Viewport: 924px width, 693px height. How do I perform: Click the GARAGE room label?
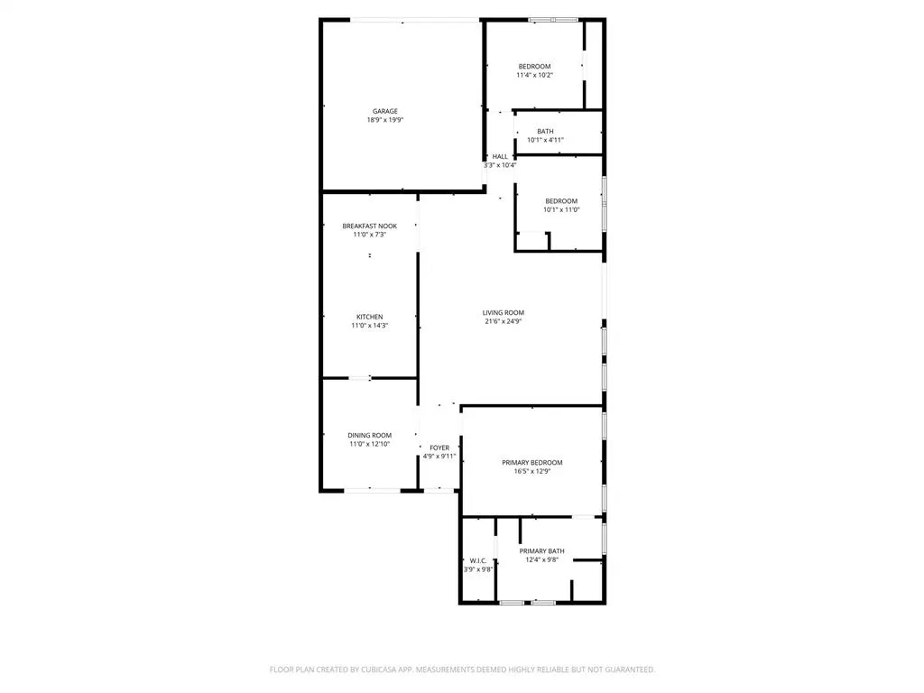tap(385, 111)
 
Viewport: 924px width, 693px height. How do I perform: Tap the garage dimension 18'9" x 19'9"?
tap(385, 120)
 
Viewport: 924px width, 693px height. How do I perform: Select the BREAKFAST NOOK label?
tap(369, 226)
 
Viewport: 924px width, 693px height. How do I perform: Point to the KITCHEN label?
tap(369, 317)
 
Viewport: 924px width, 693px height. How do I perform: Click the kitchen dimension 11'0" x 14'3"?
tap(369, 326)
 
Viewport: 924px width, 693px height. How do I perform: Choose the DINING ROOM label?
tap(370, 435)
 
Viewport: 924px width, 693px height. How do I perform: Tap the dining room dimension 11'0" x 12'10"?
tap(370, 444)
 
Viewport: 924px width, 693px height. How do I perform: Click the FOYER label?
tap(439, 448)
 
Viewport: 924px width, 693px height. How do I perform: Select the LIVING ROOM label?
tap(504, 312)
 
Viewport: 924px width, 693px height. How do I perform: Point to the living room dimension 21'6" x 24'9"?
tap(504, 321)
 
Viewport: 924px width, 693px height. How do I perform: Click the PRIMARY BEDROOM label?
tap(532, 462)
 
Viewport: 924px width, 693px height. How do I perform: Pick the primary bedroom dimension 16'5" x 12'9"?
tap(532, 471)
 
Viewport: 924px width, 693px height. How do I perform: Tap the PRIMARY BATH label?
tap(542, 550)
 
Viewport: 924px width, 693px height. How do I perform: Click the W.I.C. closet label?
tap(478, 560)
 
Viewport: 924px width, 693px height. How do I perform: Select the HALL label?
tap(500, 156)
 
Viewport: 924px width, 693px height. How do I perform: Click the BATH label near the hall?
tap(545, 131)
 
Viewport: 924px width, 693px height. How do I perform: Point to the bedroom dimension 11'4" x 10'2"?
tap(534, 76)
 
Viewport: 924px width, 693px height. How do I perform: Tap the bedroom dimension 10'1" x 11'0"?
tap(561, 209)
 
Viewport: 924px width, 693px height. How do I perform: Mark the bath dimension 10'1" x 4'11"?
tap(545, 140)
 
